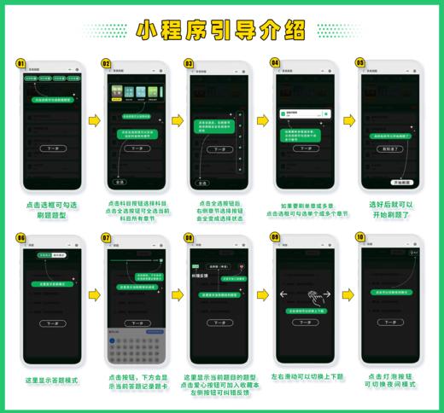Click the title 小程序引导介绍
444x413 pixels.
click(x=221, y=31)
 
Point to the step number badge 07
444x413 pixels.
click(x=106, y=237)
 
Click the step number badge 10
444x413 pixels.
click(x=359, y=237)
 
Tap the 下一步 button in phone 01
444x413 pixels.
click(x=54, y=146)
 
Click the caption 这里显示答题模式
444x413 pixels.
click(x=53, y=380)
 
